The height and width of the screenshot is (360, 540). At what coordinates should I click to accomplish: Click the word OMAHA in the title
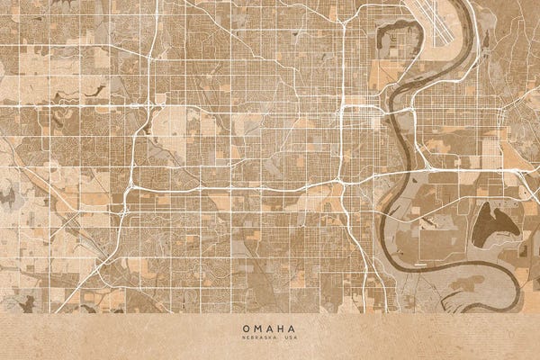click(269, 328)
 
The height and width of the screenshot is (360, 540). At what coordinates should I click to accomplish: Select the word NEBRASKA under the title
click(258, 339)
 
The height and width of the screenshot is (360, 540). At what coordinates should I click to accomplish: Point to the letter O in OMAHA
click(245, 328)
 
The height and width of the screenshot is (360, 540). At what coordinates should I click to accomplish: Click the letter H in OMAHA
click(282, 328)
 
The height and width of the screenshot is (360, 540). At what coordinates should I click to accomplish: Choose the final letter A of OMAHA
click(293, 328)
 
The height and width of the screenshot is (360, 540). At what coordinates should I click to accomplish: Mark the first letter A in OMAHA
click(269, 328)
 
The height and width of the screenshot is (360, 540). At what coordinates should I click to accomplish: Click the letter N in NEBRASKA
click(240, 339)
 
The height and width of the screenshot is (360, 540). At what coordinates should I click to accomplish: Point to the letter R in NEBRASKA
click(256, 339)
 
